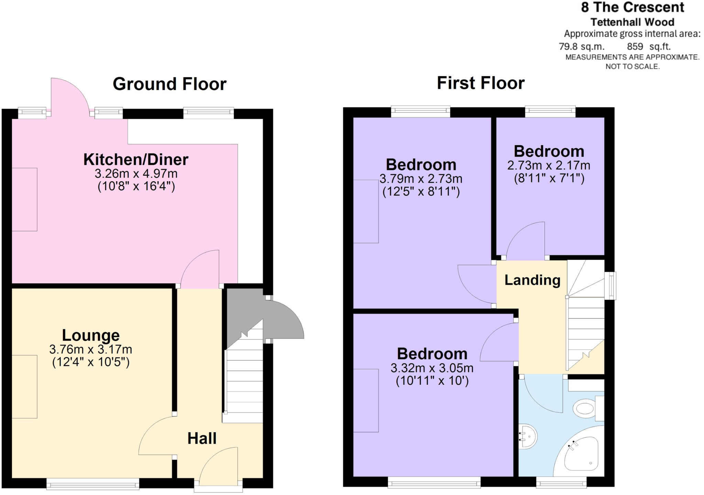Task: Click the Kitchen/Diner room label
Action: (136, 160)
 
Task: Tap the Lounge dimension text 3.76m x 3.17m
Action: (90, 349)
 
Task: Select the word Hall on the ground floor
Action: (202, 438)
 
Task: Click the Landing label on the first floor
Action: (532, 280)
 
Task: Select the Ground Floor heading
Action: (169, 84)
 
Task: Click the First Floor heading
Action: (481, 83)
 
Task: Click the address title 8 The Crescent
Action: (632, 7)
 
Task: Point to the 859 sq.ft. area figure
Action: (649, 46)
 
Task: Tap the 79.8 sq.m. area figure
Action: (581, 46)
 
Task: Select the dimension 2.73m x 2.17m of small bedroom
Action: (549, 165)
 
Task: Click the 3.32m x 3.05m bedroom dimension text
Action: (432, 368)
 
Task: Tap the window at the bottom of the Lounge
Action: (93, 485)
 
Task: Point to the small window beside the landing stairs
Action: (611, 286)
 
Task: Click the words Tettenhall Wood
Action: (632, 22)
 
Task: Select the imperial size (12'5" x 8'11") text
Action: (421, 192)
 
